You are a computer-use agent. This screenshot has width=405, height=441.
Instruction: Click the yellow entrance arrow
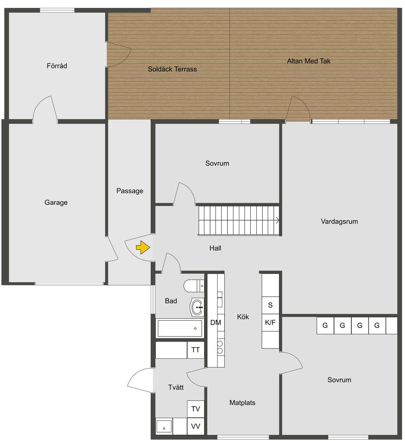(x=143, y=248)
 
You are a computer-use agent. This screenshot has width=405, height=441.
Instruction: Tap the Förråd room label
(x=57, y=66)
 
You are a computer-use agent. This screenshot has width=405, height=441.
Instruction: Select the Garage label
(x=56, y=203)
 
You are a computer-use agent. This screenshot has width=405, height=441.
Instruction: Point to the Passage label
(x=130, y=191)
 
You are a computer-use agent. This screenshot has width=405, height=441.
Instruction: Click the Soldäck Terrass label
(x=172, y=69)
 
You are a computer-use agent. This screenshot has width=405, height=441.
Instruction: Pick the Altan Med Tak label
(x=308, y=61)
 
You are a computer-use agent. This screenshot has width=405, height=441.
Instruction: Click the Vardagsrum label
(x=339, y=221)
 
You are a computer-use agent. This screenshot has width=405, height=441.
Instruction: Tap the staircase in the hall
(x=239, y=220)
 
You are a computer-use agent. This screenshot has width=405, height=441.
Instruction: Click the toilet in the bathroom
(x=193, y=286)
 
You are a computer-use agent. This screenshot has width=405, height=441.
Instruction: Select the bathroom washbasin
(x=197, y=307)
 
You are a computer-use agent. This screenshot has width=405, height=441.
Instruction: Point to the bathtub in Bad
(x=180, y=328)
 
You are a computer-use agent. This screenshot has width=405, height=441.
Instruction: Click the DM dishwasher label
(x=216, y=323)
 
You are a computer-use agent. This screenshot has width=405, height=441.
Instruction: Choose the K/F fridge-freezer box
(x=270, y=322)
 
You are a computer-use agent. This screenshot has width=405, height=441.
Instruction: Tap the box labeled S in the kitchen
(x=270, y=305)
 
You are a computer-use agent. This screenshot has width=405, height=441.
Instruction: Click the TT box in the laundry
(x=195, y=350)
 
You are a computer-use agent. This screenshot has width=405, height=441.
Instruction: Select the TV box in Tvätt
(x=196, y=409)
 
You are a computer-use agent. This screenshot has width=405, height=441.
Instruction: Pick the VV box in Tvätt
(x=196, y=426)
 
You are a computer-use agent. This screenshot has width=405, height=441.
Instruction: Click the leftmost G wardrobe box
(x=325, y=326)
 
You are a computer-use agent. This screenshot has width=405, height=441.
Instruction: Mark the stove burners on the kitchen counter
(x=220, y=347)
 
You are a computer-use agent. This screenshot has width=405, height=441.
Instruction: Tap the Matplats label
(x=242, y=403)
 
